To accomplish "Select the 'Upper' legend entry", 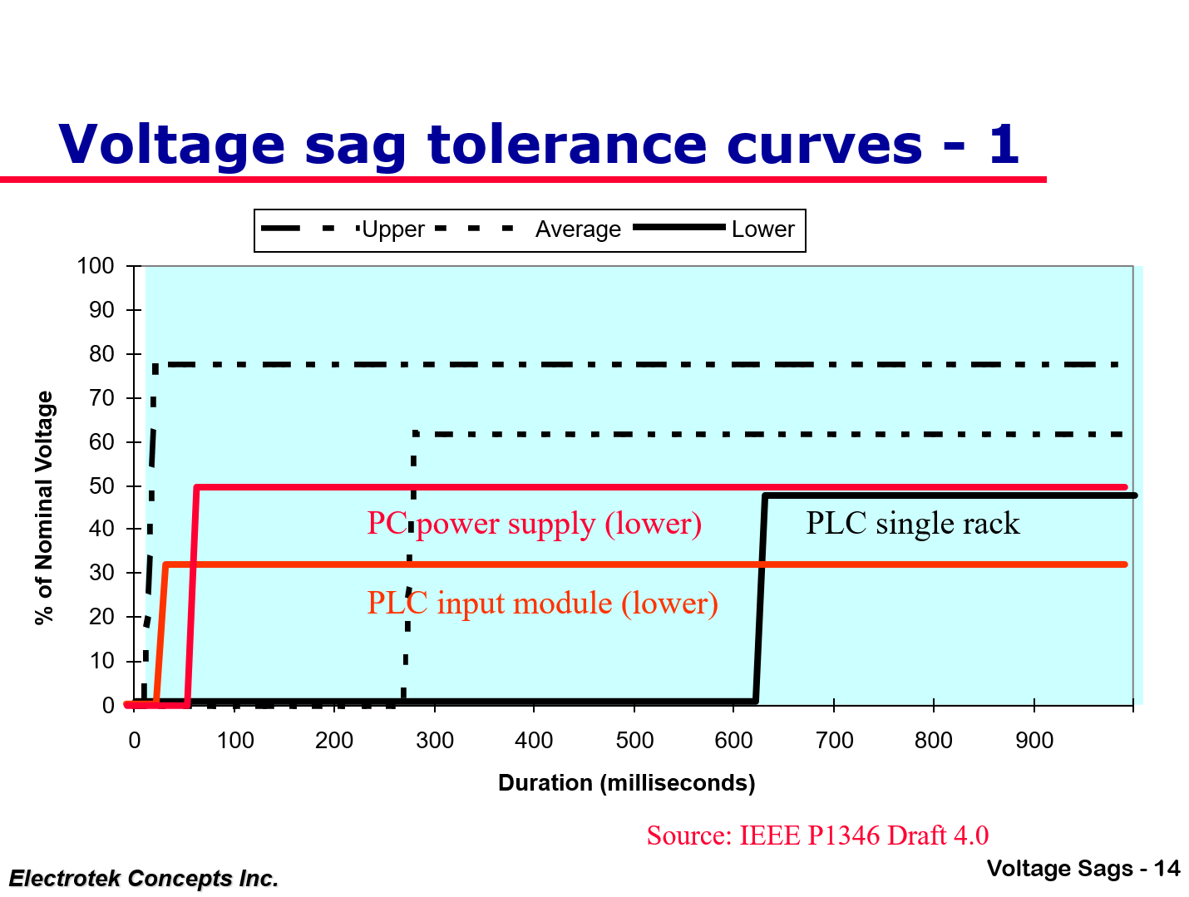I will click(393, 229).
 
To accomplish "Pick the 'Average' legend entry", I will click(578, 229).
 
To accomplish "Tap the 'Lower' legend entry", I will click(762, 229).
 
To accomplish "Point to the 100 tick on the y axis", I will click(96, 266).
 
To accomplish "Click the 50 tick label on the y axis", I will click(101, 485).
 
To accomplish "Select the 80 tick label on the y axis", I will click(101, 354).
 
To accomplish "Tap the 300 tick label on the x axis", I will click(434, 741).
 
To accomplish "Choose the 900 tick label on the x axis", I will click(1034, 741).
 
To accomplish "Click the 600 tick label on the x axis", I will click(733, 741).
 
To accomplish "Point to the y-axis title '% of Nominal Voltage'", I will click(44, 508).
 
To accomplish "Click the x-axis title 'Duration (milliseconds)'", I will click(626, 783).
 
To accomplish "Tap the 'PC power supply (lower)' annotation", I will click(534, 524).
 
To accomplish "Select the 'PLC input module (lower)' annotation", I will click(542, 603).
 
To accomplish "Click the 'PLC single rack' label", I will click(912, 524).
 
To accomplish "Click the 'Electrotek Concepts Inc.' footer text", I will click(143, 879).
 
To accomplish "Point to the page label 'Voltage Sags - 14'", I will click(1083, 869).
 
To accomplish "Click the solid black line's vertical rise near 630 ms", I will click(760, 599).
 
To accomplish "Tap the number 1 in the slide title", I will click(1003, 144).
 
